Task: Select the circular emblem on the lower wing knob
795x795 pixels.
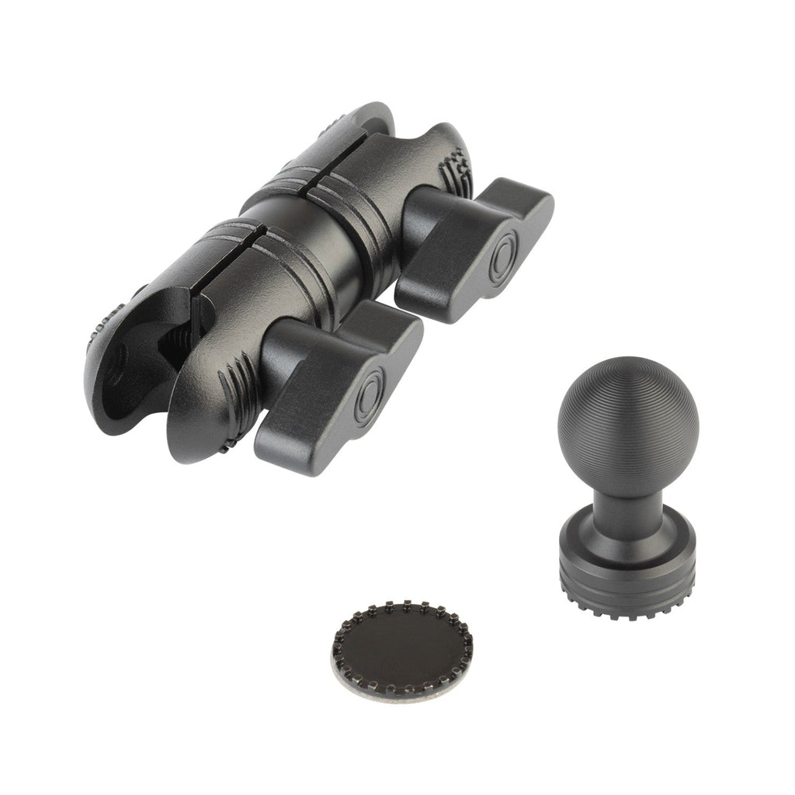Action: pos(368,386)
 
